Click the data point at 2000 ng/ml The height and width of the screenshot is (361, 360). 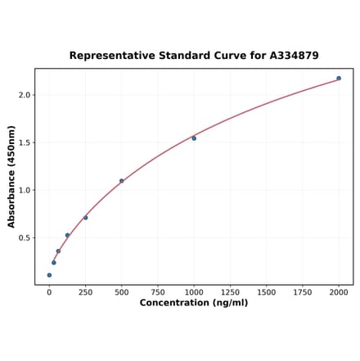(339, 79)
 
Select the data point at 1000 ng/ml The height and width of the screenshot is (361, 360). (194, 138)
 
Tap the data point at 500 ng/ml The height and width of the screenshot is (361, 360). (122, 181)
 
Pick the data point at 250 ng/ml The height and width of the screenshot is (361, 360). (85, 218)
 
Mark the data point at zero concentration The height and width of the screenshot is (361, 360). (49, 275)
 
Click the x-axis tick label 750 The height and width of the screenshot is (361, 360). (157, 291)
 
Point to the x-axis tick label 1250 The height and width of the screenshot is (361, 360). (230, 291)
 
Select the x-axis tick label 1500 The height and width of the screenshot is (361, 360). (266, 291)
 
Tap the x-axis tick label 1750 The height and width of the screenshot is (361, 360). (303, 291)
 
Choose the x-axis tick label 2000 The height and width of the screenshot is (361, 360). (339, 291)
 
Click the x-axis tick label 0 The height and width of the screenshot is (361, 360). (49, 291)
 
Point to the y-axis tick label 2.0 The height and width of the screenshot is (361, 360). (25, 95)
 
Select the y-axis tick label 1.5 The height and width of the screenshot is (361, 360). (25, 142)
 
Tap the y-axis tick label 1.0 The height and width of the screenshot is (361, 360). (25, 191)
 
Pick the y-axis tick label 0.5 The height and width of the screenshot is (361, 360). (25, 238)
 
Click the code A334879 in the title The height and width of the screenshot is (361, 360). (291, 56)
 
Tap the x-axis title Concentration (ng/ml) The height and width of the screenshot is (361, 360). (194, 303)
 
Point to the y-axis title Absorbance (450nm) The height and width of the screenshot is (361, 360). (11, 177)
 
